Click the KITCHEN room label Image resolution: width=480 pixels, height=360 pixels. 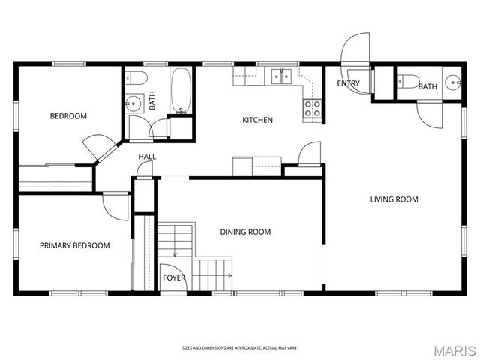click(257, 120)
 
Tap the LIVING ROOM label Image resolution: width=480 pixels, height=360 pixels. click(394, 199)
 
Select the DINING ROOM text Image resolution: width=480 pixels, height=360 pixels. click(245, 232)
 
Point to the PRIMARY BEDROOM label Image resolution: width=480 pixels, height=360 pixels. click(75, 245)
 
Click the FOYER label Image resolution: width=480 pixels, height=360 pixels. click(174, 277)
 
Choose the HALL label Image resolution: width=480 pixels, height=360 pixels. click(147, 157)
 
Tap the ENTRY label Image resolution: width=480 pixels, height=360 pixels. click(348, 83)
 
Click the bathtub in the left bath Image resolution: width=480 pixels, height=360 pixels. click(181, 91)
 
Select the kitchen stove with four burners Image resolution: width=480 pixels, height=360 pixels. click(312, 109)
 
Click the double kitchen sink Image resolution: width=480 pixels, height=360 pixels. click(281, 76)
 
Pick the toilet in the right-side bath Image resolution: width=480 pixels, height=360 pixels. click(408, 82)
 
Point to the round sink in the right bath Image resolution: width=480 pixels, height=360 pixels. click(453, 82)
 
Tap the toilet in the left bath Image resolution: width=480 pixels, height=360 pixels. click(136, 78)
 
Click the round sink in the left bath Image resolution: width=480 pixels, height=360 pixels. click(133, 103)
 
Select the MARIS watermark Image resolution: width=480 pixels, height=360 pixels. click(455, 351)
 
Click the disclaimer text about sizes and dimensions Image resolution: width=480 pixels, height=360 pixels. click(240, 348)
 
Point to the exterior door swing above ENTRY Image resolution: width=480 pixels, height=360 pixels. click(355, 48)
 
